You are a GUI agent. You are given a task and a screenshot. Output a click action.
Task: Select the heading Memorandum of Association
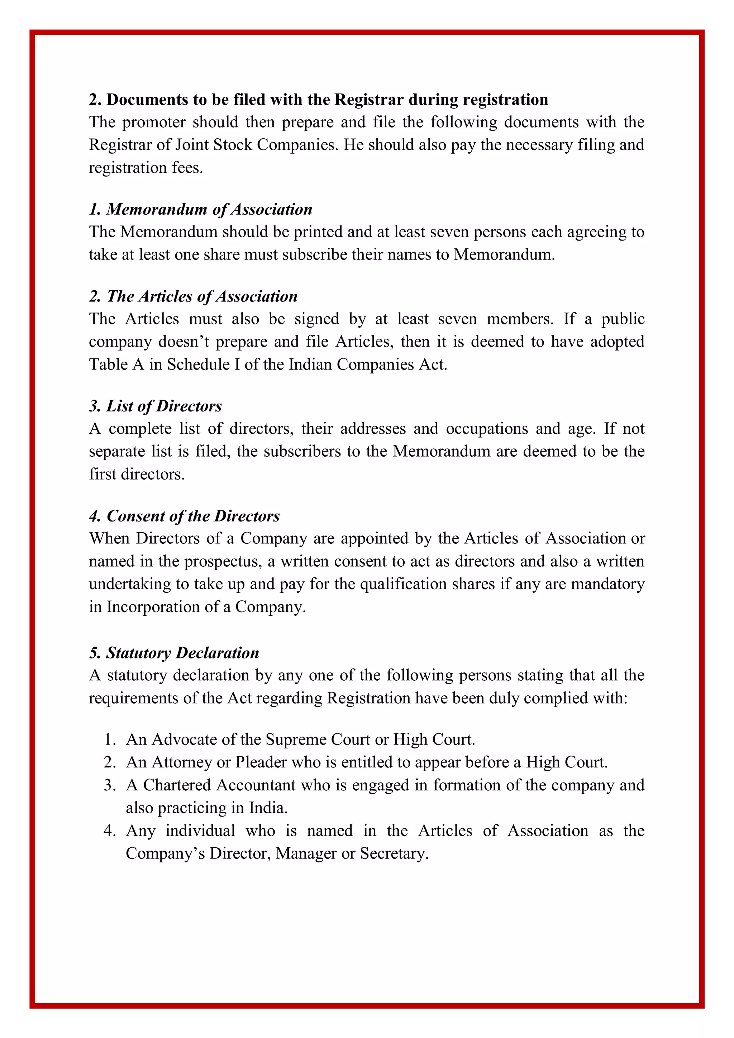[x=201, y=209]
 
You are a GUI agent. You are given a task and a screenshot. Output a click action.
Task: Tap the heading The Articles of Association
[x=194, y=296]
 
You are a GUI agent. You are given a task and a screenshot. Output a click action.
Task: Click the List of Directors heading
[x=156, y=406]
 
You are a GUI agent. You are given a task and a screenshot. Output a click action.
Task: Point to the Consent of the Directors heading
[x=185, y=516]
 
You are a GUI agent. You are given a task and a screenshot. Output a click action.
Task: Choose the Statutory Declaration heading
[x=174, y=653]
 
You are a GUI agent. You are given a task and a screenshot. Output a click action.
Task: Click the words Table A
[x=116, y=365]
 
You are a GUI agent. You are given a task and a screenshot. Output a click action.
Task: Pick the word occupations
[x=487, y=429]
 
